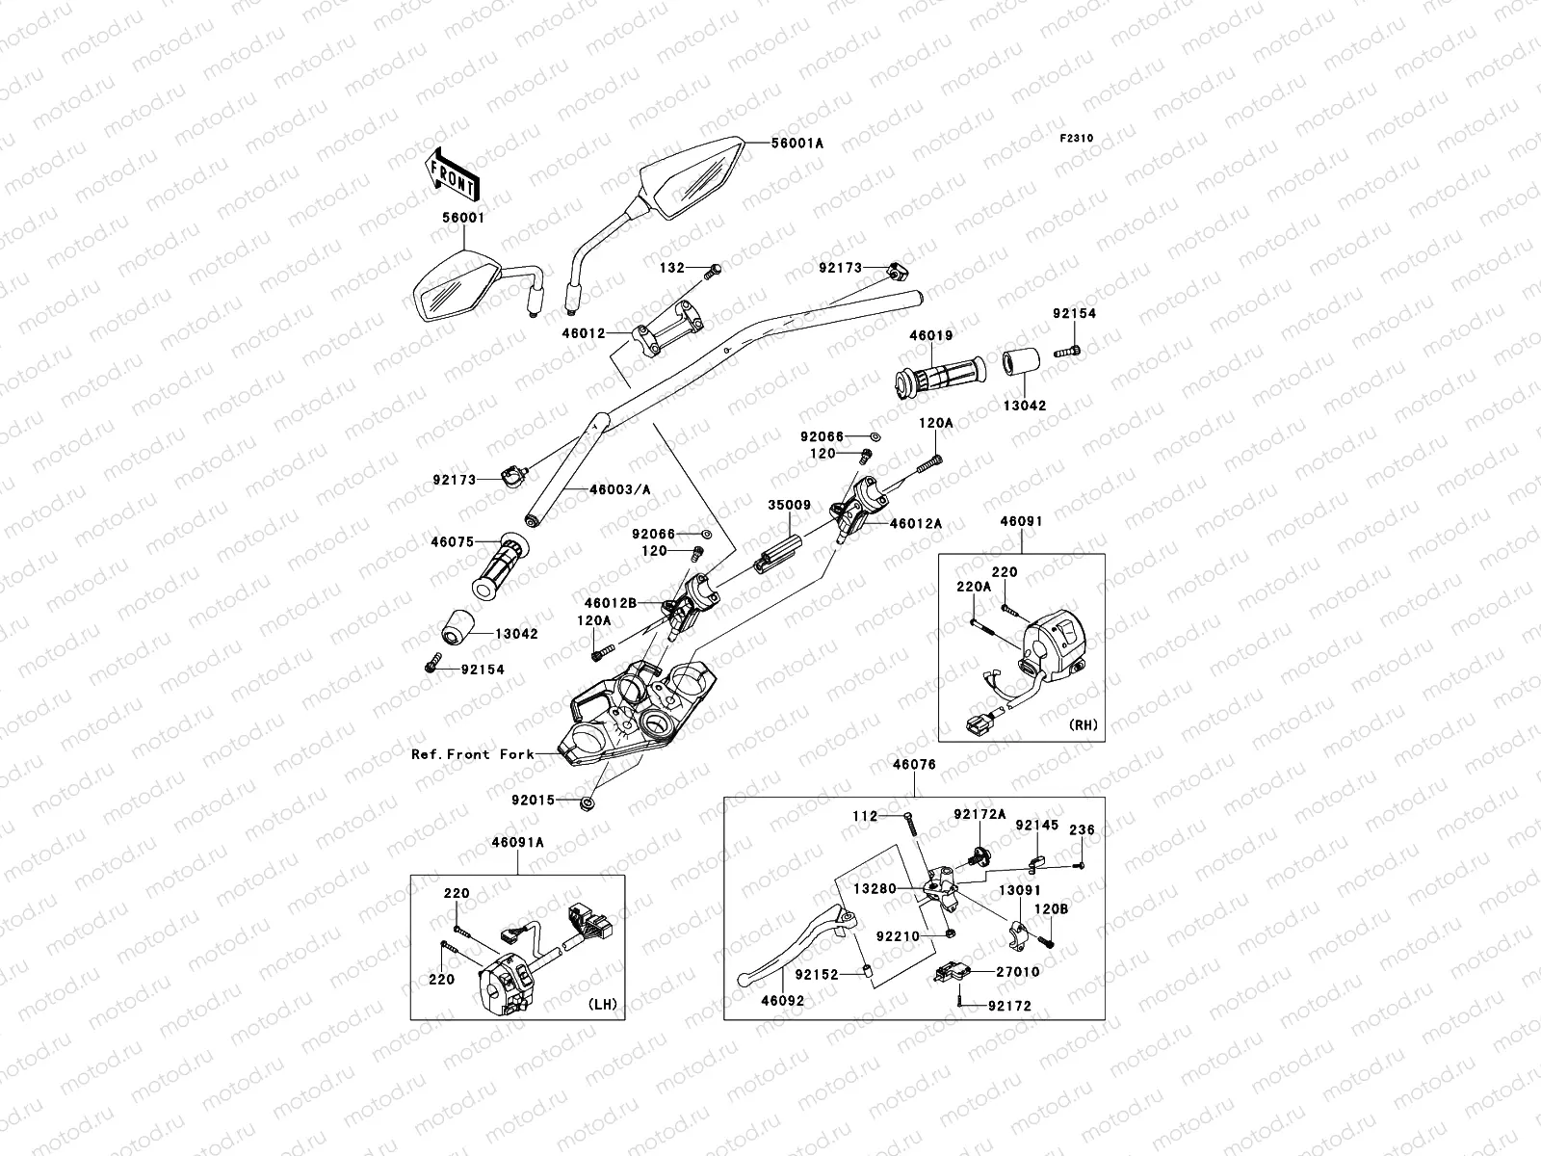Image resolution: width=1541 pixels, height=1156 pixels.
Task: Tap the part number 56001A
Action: (x=797, y=143)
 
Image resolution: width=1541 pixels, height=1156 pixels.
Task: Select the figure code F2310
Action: (x=1077, y=139)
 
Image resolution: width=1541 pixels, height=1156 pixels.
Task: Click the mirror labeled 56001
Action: (x=453, y=286)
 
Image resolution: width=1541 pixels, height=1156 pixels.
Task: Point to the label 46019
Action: (x=930, y=336)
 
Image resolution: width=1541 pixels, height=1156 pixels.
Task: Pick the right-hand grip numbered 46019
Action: (x=940, y=377)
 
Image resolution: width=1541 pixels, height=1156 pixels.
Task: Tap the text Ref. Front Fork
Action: (x=472, y=754)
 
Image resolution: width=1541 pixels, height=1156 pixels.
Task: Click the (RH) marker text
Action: (x=1082, y=724)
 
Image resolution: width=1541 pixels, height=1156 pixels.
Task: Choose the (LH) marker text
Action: (x=602, y=1004)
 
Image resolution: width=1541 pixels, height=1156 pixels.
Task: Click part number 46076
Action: (x=914, y=764)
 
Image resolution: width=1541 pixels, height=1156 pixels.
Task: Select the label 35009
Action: (x=789, y=504)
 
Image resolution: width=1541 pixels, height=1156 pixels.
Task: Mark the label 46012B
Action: (x=609, y=602)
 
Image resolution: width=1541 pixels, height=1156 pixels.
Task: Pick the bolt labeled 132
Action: (x=714, y=271)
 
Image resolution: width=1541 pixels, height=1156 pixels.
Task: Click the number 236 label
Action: (x=1082, y=829)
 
